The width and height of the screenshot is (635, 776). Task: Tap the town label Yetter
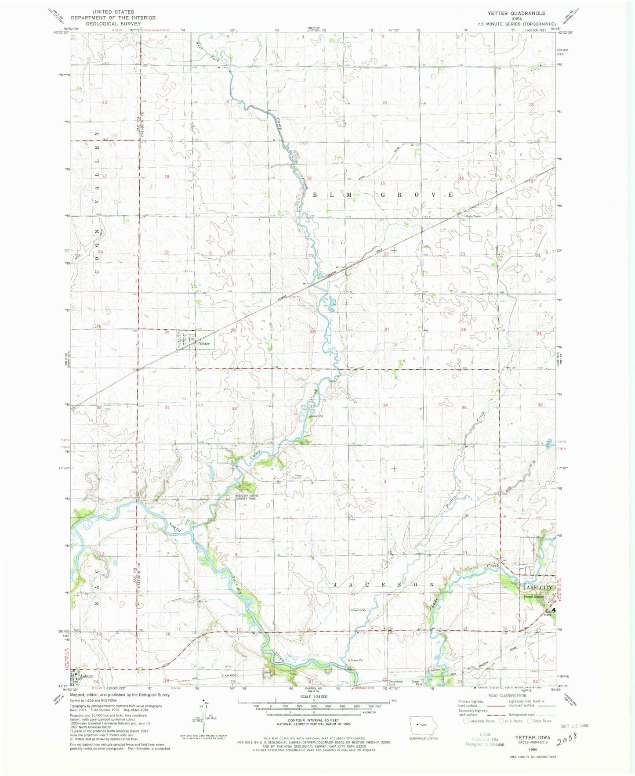click(204, 343)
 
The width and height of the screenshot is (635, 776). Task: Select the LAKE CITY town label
click(537, 588)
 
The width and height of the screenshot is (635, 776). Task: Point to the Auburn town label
click(86, 677)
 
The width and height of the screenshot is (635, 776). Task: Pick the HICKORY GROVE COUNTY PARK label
click(246, 497)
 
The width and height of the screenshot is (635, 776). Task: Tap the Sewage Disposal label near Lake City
click(533, 596)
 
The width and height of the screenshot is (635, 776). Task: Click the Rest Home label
click(548, 613)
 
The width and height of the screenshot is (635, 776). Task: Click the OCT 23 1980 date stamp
click(571, 725)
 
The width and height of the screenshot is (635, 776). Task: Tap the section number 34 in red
click(385, 405)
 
